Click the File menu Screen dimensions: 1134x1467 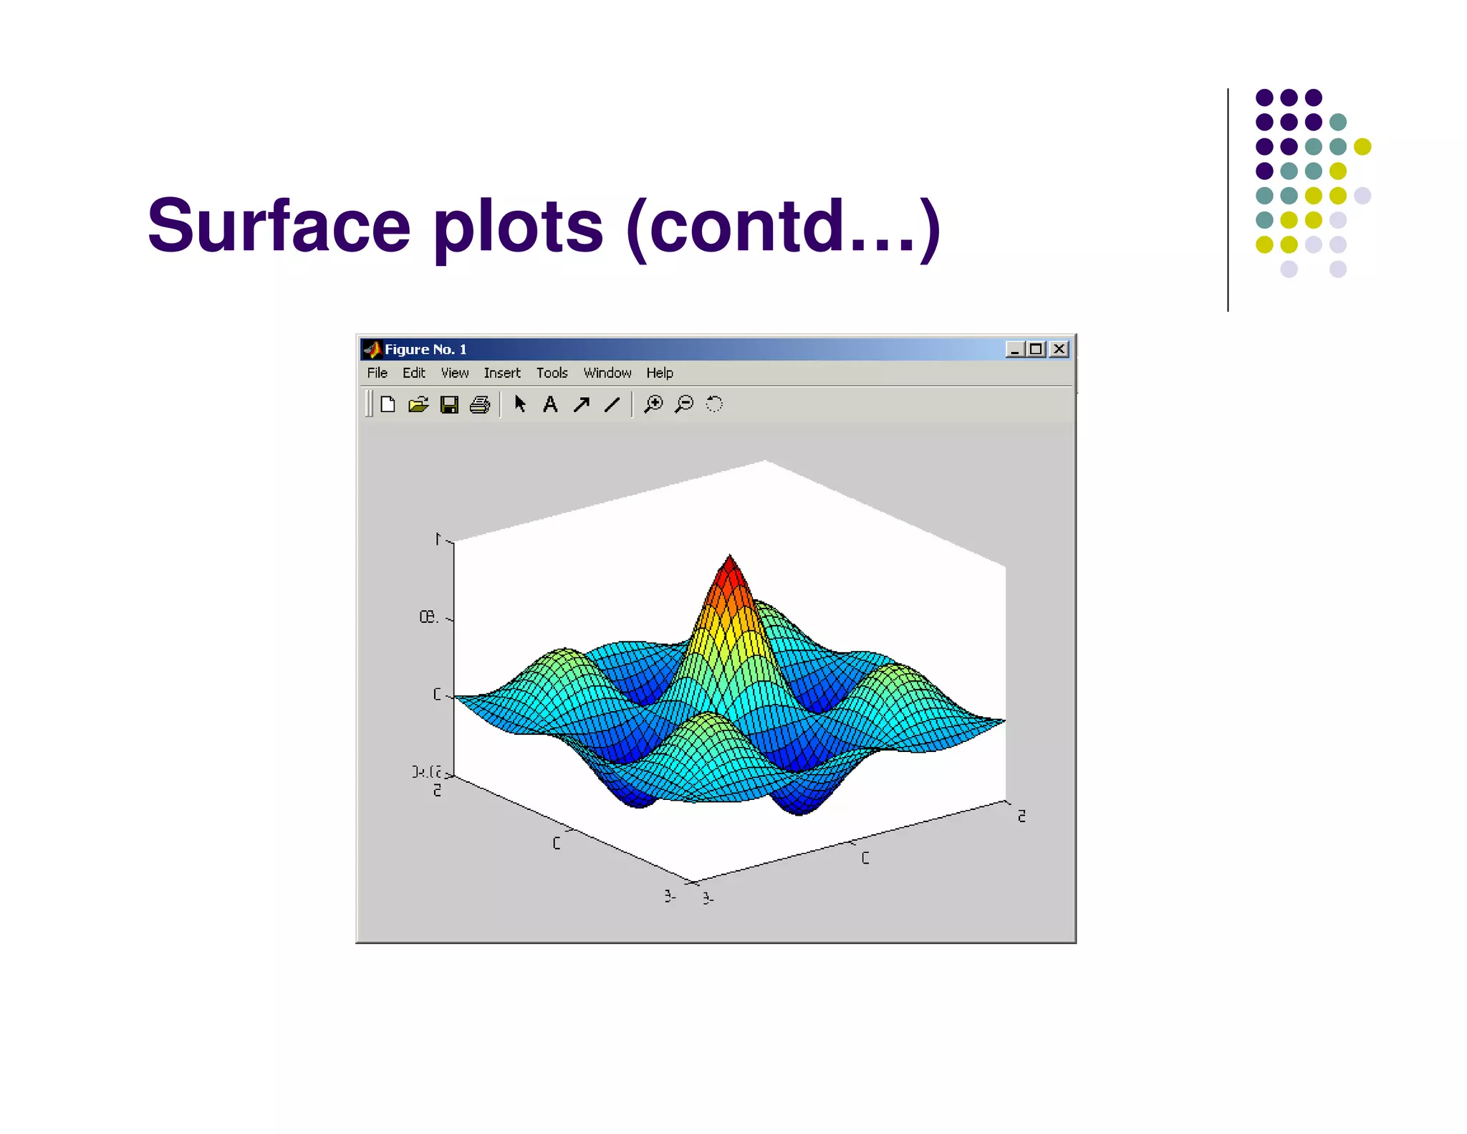tap(377, 373)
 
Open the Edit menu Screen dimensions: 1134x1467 tap(413, 373)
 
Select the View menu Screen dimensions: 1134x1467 tap(454, 373)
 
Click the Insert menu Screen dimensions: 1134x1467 tap(501, 373)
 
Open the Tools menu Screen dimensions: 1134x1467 tap(552, 373)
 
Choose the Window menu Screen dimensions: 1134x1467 tap(607, 373)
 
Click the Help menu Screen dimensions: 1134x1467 tap(659, 373)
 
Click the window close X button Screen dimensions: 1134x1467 tap(1059, 349)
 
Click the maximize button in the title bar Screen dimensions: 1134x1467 tap(1036, 349)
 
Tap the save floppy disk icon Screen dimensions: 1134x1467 tap(449, 405)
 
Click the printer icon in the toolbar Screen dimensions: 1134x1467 tap(480, 405)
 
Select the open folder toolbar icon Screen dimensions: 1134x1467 tap(418, 405)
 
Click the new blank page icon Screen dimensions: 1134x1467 tap(388, 404)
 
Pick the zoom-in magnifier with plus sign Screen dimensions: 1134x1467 tap(653, 404)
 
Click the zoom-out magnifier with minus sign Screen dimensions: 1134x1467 tap(684, 404)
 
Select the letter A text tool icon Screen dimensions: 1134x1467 tap(550, 404)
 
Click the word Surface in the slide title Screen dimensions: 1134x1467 tap(279, 226)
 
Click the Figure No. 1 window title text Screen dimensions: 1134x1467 tap(425, 349)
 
